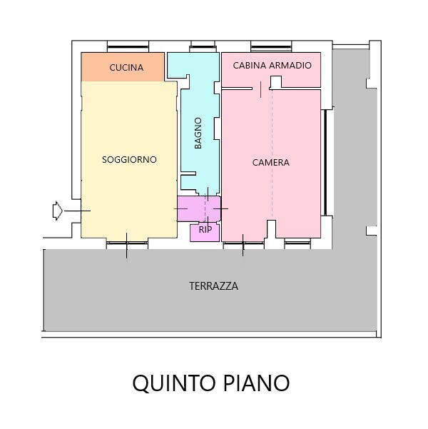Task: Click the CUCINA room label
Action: pos(126,68)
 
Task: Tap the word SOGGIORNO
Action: pos(129,159)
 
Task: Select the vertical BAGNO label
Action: pos(198,133)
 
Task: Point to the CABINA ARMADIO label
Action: pos(272,66)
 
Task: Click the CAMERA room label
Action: pos(271,163)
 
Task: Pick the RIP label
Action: pos(205,230)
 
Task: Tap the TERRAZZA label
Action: pos(213,286)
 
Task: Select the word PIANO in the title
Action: pos(257,383)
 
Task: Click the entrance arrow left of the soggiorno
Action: pos(58,211)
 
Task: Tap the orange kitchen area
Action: pos(123,67)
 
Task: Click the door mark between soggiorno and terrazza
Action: pos(127,246)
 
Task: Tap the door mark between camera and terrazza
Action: pos(243,245)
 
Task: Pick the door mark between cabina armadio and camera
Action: pos(260,89)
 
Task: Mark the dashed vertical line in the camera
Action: pos(272,153)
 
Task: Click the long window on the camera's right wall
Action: pos(325,163)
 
